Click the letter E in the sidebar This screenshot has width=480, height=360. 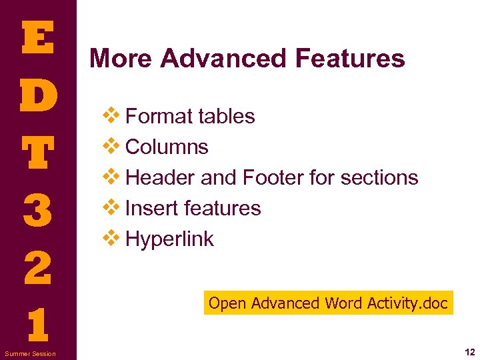37,38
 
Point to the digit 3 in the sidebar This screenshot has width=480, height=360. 37,210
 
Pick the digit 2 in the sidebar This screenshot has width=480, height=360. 37,268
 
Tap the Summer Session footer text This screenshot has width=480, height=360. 31,353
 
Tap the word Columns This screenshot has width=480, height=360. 167,147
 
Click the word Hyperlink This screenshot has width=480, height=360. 169,239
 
